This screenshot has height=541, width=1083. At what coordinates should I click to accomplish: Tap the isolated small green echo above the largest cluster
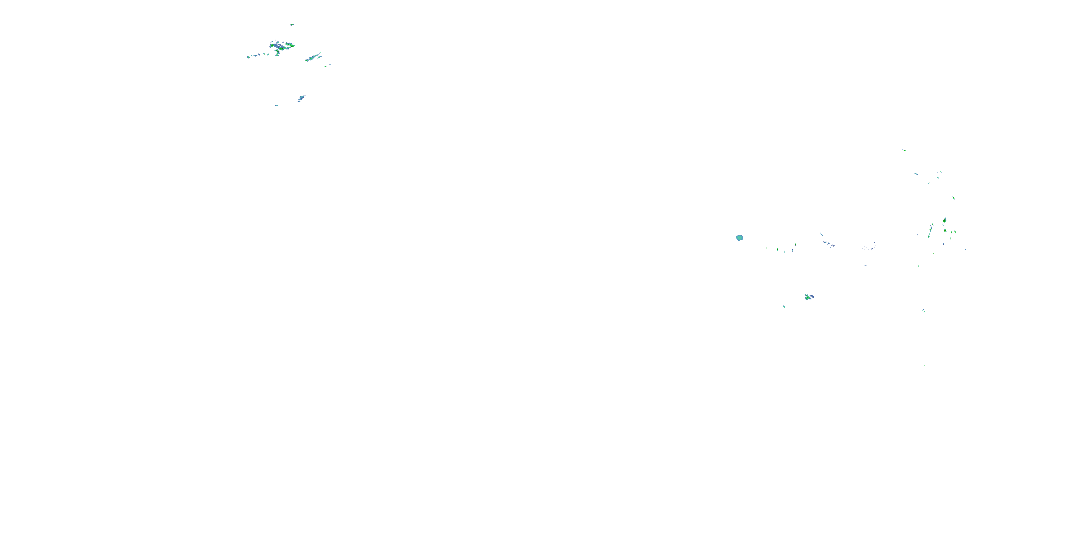point(292,25)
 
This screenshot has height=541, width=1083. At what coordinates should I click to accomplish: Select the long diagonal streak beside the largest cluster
point(313,58)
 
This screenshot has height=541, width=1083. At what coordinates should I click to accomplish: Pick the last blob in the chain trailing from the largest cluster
point(249,57)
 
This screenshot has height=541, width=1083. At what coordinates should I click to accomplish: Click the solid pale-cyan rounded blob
point(739,238)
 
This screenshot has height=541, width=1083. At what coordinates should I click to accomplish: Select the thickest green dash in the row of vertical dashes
point(777,250)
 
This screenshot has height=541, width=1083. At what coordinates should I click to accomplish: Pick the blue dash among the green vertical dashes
point(792,250)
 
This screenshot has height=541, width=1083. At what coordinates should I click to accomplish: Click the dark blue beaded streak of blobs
point(828,243)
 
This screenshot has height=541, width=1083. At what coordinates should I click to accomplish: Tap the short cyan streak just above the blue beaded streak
point(821,234)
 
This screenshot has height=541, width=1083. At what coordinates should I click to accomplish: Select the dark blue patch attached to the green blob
point(812,296)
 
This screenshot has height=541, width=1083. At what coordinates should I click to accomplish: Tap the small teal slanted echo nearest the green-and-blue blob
point(784,307)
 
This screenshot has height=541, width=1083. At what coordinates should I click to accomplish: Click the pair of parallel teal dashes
point(924,311)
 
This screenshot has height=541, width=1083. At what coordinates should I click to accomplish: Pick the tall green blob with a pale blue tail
point(945,220)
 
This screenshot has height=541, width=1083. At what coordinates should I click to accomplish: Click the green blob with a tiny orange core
point(945,230)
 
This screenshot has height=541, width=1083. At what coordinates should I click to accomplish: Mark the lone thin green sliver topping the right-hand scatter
point(904,150)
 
